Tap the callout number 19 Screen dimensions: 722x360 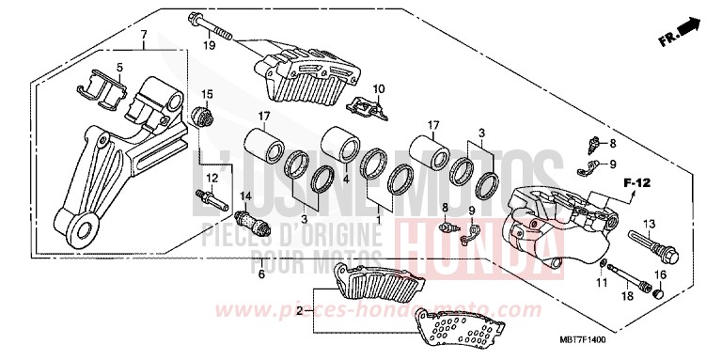[210, 44]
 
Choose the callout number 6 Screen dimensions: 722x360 [261, 274]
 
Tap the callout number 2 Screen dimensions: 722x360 [299, 308]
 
